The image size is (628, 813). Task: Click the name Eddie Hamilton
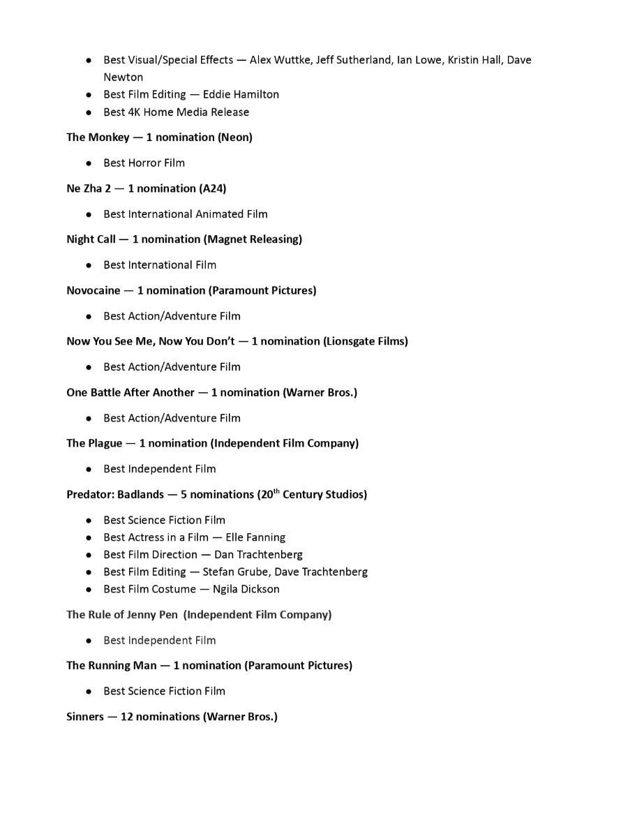(x=241, y=94)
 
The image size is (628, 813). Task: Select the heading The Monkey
(x=98, y=137)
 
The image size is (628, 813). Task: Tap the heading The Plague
(x=94, y=443)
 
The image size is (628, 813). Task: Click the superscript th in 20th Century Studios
(x=276, y=491)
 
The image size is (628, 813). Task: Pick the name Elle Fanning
(x=255, y=537)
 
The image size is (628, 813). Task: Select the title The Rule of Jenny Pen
(x=122, y=615)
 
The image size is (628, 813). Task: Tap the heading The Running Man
(x=112, y=666)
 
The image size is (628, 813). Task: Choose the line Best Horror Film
(x=144, y=163)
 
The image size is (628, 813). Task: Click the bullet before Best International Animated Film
(x=89, y=214)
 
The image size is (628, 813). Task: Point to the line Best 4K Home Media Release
(x=176, y=112)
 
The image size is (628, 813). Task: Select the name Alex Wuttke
(x=280, y=60)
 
